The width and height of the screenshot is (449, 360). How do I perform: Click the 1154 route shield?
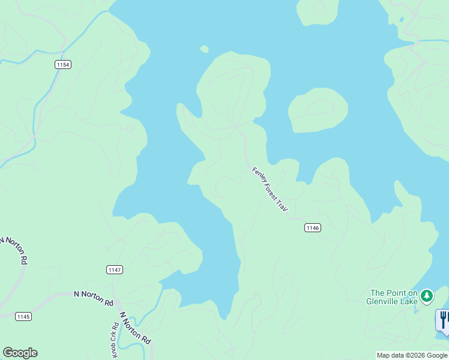(62, 64)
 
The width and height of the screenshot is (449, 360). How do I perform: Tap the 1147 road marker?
(115, 269)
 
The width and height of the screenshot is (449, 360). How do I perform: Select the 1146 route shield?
(312, 227)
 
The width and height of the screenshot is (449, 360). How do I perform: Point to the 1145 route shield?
(23, 316)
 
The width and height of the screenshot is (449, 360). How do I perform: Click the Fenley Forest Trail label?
(270, 188)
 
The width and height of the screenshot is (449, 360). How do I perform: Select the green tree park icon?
(426, 295)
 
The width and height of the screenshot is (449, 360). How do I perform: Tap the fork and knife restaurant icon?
(443, 318)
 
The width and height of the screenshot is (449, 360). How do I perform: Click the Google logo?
(20, 353)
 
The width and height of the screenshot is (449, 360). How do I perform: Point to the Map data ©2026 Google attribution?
(411, 355)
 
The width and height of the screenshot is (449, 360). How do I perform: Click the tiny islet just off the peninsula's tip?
(204, 49)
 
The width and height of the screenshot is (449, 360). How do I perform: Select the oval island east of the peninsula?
(318, 110)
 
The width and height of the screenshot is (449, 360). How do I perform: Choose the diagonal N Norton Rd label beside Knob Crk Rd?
(135, 327)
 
